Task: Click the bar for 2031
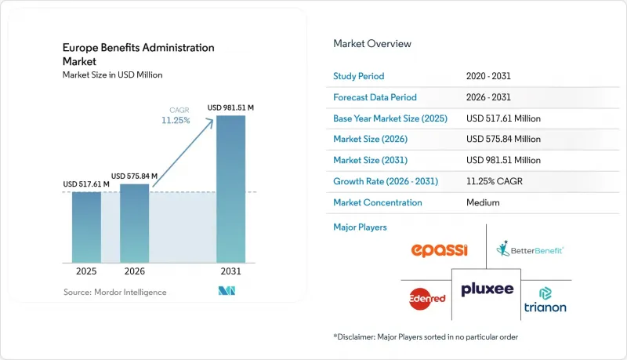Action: (230, 189)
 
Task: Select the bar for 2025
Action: (86, 227)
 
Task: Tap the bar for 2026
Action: (134, 224)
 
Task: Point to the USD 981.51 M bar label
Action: (230, 107)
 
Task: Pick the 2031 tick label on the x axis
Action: (230, 271)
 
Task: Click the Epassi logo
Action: (439, 250)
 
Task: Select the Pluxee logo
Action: (487, 289)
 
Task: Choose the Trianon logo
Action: (545, 300)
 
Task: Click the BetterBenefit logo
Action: (530, 249)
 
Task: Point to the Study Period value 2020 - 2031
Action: (488, 76)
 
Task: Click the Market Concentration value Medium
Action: (483, 202)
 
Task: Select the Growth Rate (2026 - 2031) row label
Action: (386, 181)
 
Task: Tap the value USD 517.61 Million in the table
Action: (503, 118)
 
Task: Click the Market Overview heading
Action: (372, 44)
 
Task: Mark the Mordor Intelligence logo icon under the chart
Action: (227, 291)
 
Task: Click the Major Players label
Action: (360, 227)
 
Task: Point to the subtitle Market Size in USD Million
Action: (112, 75)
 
